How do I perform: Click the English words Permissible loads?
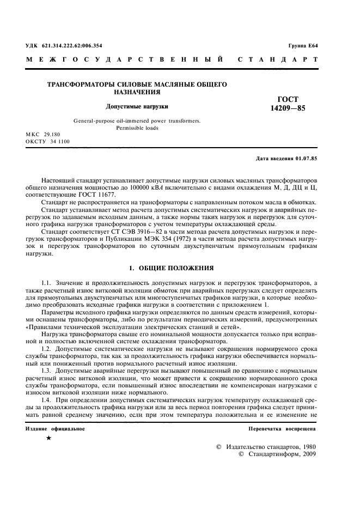click(x=137, y=128)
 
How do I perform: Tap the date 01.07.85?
click(x=306, y=159)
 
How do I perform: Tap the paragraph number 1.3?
click(x=47, y=371)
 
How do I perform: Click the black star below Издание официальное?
click(x=49, y=438)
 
